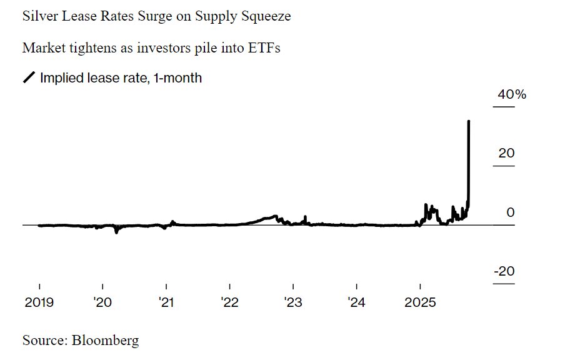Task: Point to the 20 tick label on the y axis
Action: (x=507, y=153)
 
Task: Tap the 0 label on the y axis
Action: (x=511, y=212)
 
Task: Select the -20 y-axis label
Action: (x=504, y=272)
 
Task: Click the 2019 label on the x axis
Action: (x=39, y=303)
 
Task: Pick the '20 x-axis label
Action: (x=102, y=303)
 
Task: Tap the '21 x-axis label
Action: (x=166, y=303)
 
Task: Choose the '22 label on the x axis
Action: (x=229, y=303)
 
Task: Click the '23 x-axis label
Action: (x=293, y=303)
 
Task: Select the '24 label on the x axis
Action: (x=356, y=303)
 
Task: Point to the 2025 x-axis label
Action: (x=420, y=303)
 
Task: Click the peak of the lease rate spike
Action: (x=469, y=121)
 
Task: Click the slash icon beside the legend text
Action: (x=29, y=78)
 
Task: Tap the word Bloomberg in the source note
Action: (x=105, y=341)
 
